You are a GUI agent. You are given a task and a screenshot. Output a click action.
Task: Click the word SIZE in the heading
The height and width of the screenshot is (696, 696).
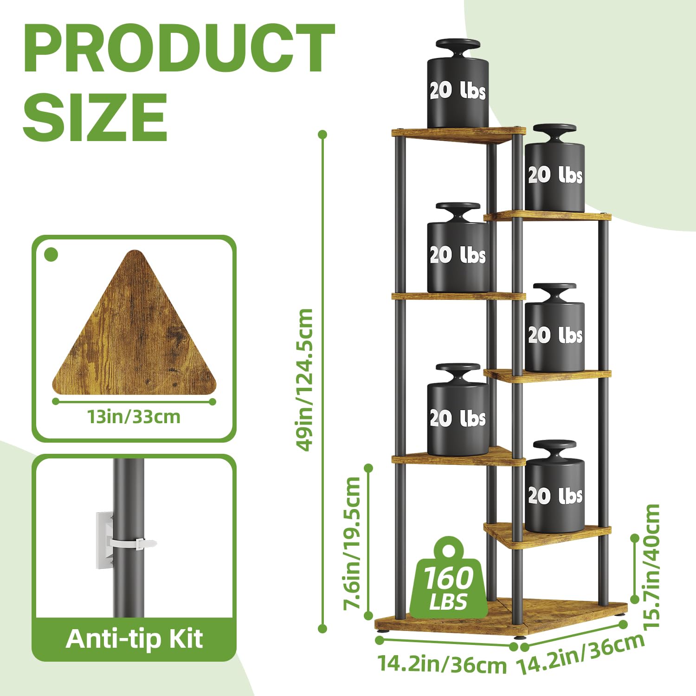[95, 117]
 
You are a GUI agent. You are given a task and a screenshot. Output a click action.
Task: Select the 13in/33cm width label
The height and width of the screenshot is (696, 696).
[134, 417]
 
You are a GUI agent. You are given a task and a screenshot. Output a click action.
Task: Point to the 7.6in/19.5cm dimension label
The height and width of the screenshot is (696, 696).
[351, 543]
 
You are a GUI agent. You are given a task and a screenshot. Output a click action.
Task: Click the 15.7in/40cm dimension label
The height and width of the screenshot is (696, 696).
[652, 566]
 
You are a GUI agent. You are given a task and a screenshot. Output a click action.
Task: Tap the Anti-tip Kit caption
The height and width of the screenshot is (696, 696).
[134, 639]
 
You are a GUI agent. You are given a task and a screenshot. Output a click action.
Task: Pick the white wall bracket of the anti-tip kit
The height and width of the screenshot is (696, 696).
[104, 540]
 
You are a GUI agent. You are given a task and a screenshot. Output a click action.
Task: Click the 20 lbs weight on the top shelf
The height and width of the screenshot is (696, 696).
[458, 84]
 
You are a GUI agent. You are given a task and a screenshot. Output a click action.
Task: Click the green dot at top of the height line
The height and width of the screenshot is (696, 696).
[323, 135]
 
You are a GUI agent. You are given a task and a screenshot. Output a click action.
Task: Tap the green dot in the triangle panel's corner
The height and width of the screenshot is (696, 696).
[51, 255]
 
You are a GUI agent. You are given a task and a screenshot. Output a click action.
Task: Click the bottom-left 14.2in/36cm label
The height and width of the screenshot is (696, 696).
[442, 664]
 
